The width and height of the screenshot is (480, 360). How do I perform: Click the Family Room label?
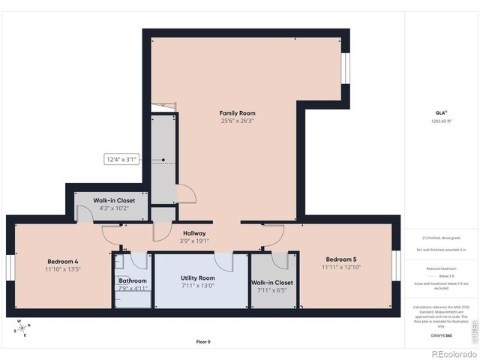[x=237, y=112]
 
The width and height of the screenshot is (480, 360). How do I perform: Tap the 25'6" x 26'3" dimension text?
[x=237, y=121]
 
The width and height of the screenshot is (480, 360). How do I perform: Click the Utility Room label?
[x=198, y=277]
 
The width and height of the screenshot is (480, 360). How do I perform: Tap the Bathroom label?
[x=133, y=280]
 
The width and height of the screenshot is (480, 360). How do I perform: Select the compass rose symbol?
[x=22, y=328]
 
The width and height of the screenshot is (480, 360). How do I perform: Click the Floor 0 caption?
[x=203, y=341]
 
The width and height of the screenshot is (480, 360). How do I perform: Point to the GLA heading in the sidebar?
[x=441, y=112]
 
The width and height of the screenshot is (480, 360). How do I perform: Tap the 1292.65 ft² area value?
[x=441, y=121]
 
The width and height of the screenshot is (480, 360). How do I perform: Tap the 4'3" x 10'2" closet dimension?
[x=114, y=208]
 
